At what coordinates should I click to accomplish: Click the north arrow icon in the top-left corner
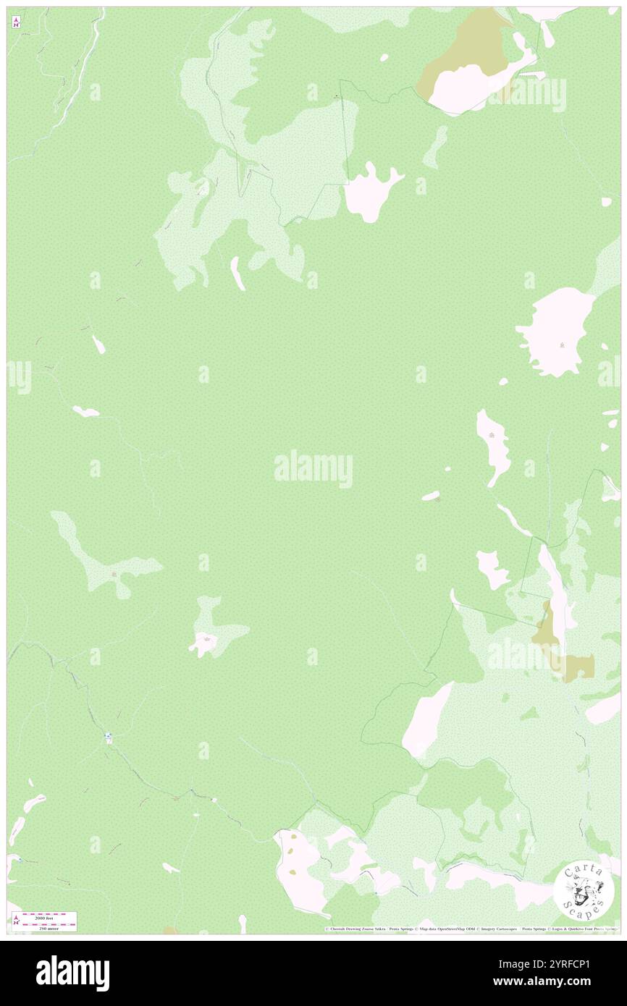click(16, 23)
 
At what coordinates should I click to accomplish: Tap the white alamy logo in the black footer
click(72, 973)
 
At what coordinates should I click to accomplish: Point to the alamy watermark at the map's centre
click(313, 469)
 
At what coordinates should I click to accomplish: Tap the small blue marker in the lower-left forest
click(109, 737)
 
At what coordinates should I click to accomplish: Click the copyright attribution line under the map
click(471, 929)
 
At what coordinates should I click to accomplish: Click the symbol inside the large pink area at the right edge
click(563, 345)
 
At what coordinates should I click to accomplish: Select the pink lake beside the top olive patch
click(481, 83)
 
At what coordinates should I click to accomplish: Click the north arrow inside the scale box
click(16, 921)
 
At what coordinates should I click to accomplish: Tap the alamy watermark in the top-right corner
click(527, 94)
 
